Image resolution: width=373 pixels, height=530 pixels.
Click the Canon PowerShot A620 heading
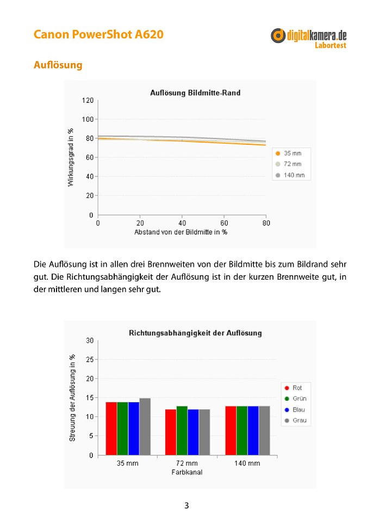[x=98, y=34]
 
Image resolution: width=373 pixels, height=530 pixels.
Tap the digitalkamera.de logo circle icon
[x=278, y=35]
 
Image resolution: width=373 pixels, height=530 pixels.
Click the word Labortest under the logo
[x=331, y=45]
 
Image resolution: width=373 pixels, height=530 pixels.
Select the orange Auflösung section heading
[x=58, y=65]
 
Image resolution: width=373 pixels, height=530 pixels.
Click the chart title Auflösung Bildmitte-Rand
[x=195, y=93]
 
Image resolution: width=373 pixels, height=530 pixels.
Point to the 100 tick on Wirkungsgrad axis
[x=88, y=119]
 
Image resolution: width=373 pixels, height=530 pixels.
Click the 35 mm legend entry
[x=289, y=153]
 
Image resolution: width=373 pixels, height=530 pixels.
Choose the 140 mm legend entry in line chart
[x=290, y=175]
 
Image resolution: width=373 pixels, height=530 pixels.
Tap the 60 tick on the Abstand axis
[x=224, y=223]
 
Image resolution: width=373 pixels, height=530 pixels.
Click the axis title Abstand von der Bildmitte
[x=181, y=232]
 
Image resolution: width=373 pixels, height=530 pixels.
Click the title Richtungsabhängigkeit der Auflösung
[x=195, y=333]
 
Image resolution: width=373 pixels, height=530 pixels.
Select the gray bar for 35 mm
[x=145, y=427]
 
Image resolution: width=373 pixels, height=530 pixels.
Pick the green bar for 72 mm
[x=182, y=430]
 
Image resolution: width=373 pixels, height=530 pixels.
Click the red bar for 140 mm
[x=231, y=430]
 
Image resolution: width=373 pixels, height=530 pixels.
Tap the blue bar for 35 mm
[x=134, y=429]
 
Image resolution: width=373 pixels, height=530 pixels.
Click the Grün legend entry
[x=296, y=398]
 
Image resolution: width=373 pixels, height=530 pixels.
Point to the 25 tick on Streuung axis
[x=90, y=360]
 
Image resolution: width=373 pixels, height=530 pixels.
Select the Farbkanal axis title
[x=187, y=472]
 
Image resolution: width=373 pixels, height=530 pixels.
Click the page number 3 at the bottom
[x=186, y=506]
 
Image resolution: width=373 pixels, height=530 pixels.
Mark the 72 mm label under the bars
[x=187, y=464]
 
